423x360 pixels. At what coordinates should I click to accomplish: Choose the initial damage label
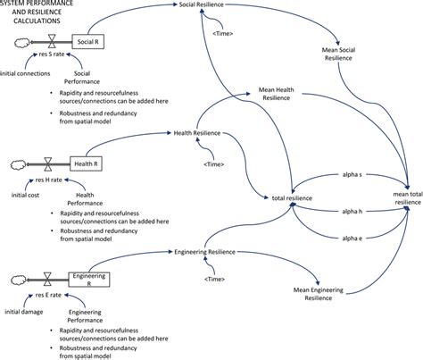coord(24,313)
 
